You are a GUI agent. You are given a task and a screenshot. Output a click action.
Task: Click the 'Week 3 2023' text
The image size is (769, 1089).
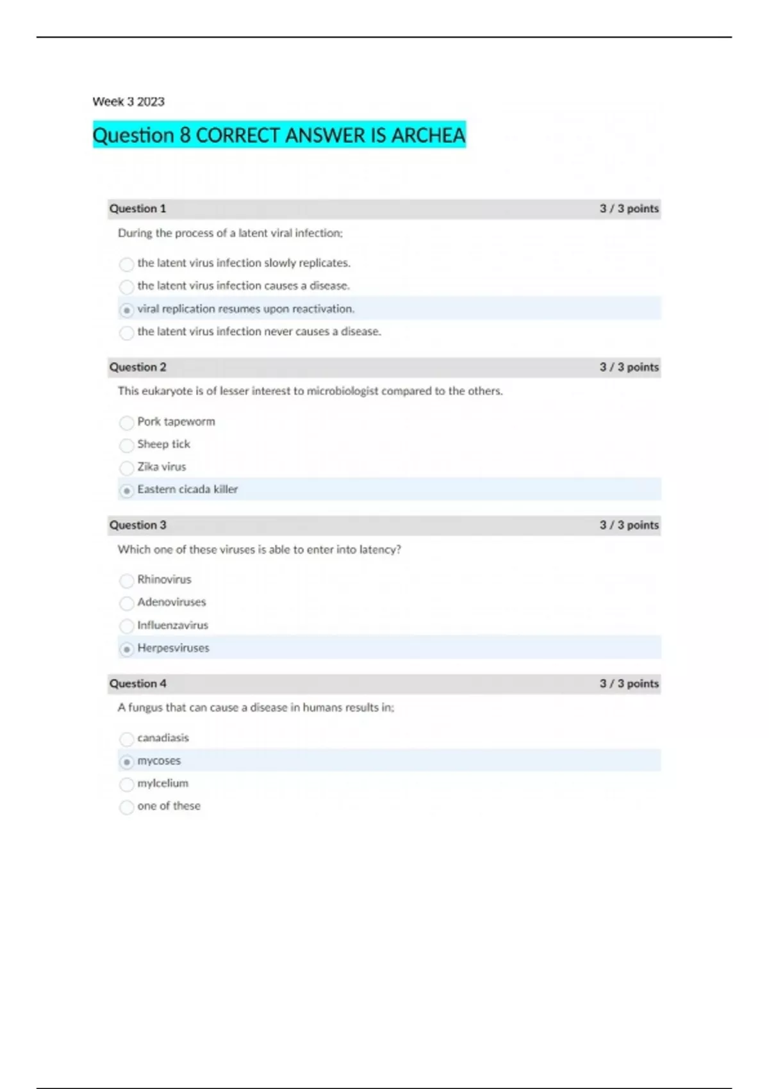(128, 102)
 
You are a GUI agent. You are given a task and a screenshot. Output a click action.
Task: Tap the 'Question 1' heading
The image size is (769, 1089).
(138, 209)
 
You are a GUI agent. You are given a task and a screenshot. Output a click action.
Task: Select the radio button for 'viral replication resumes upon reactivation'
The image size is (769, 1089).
(127, 310)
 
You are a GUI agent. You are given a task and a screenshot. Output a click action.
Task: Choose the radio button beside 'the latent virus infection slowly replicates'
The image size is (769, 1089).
(127, 264)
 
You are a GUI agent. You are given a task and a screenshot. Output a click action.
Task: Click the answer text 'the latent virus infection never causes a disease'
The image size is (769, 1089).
(259, 332)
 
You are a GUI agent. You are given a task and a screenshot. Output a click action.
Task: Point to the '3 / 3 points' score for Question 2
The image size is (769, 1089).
(629, 367)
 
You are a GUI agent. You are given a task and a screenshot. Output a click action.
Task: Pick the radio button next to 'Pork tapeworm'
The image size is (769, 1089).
(127, 423)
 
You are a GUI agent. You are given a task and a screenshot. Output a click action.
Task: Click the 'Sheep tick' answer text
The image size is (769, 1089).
(163, 444)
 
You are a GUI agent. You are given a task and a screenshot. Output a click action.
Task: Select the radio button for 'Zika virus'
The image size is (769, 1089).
(127, 468)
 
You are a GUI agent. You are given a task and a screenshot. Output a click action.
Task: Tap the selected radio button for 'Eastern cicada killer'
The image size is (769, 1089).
(127, 491)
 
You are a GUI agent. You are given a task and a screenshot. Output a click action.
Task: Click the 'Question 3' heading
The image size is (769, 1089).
(138, 525)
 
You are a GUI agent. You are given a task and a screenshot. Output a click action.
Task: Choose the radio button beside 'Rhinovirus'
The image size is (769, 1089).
(127, 580)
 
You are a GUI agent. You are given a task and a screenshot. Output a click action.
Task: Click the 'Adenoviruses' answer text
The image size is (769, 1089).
(172, 602)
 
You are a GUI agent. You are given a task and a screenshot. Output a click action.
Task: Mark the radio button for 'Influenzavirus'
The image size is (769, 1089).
(127, 626)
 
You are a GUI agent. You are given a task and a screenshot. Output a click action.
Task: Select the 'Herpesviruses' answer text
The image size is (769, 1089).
(173, 648)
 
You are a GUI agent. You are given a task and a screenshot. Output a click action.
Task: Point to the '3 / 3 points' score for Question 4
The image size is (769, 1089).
(629, 684)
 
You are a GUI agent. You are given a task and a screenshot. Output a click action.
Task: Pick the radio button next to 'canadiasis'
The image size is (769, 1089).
(127, 739)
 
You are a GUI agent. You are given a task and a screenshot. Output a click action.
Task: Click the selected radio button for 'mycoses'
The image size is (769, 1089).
(127, 762)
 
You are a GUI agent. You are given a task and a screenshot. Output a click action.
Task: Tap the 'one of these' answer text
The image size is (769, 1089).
(169, 806)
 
